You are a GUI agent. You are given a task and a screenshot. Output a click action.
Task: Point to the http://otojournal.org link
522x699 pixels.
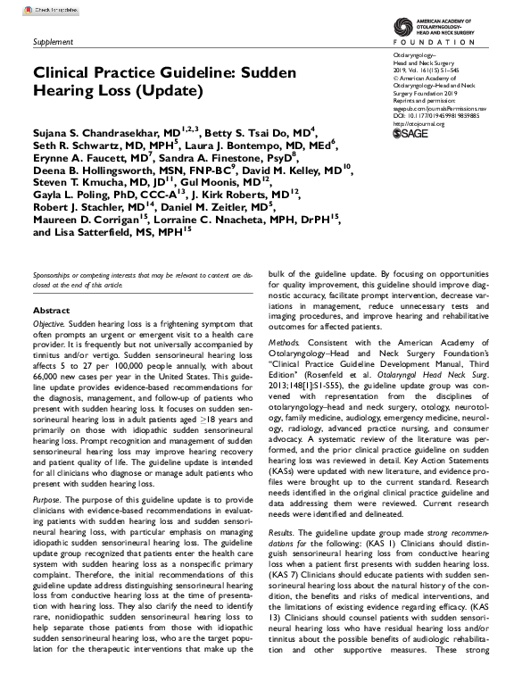pyautogui.click(x=419, y=123)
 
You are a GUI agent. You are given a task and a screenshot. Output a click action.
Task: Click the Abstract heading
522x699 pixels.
pyautogui.click(x=51, y=310)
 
